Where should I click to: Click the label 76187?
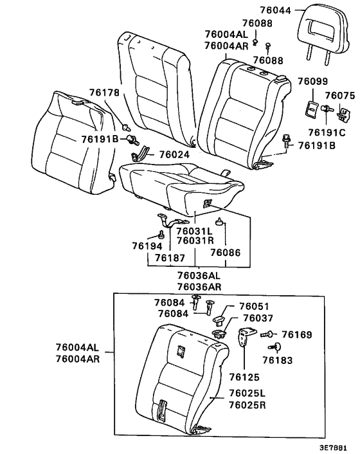click(170, 257)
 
